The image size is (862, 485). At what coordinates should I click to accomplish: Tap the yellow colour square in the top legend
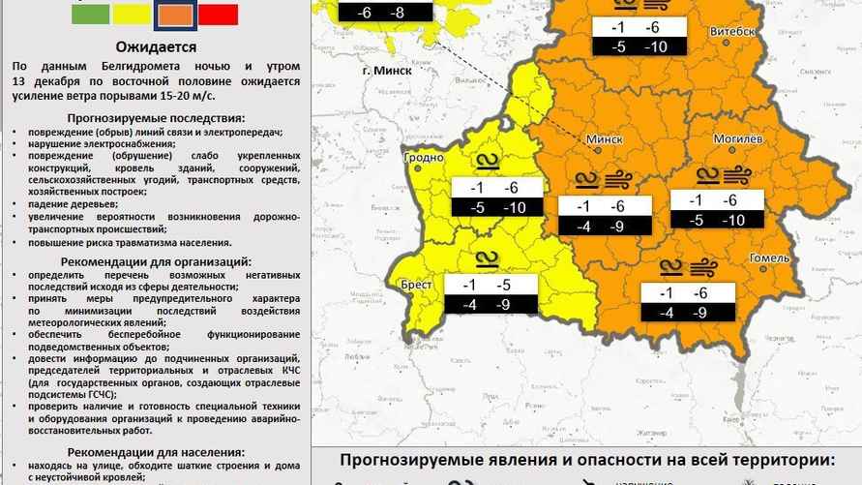132,13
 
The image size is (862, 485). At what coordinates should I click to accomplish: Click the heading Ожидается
156,46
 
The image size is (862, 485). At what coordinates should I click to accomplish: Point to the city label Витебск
732,32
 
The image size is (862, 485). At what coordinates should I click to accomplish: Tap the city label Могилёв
740,138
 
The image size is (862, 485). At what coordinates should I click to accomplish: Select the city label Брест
416,285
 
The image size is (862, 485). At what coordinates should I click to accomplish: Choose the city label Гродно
423,157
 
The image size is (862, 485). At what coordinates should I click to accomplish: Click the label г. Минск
387,71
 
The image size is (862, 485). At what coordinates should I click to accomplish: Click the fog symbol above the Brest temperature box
486,258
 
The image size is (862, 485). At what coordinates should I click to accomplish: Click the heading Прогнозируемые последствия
156,116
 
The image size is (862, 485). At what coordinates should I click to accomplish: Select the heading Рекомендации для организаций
156,261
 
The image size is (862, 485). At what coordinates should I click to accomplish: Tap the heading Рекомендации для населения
156,452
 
